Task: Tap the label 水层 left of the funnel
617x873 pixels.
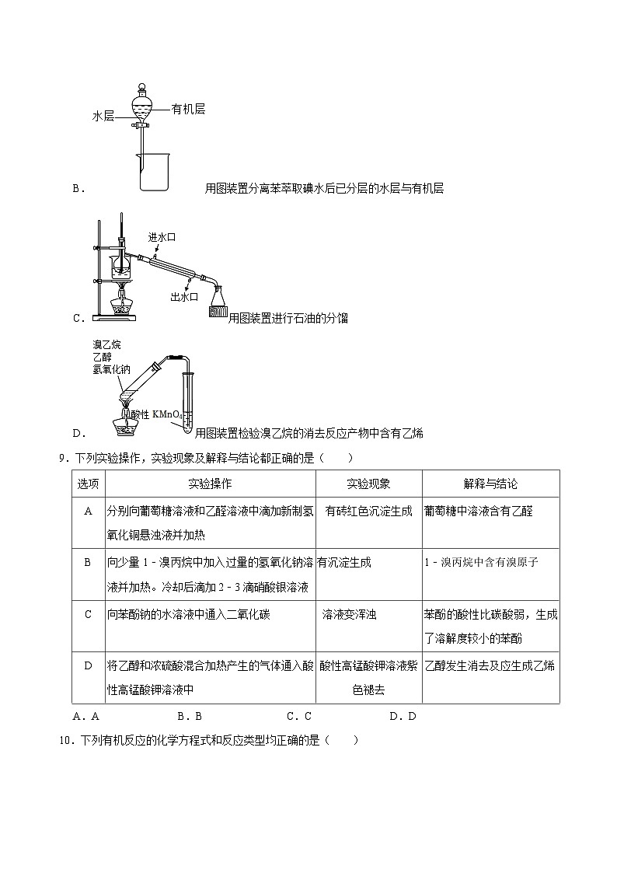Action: click(x=103, y=117)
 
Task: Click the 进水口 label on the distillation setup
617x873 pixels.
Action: click(x=162, y=237)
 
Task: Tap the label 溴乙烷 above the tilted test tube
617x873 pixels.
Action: click(x=106, y=344)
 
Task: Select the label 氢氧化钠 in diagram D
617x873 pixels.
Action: click(x=110, y=368)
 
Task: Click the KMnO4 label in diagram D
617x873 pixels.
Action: click(x=170, y=414)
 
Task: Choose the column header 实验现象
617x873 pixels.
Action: click(x=368, y=484)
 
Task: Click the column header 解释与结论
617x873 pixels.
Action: click(x=490, y=484)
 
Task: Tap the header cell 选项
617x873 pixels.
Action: click(x=88, y=484)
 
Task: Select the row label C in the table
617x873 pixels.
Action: click(x=88, y=614)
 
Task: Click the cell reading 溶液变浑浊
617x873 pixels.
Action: click(x=350, y=614)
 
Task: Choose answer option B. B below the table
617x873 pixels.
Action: click(x=190, y=716)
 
